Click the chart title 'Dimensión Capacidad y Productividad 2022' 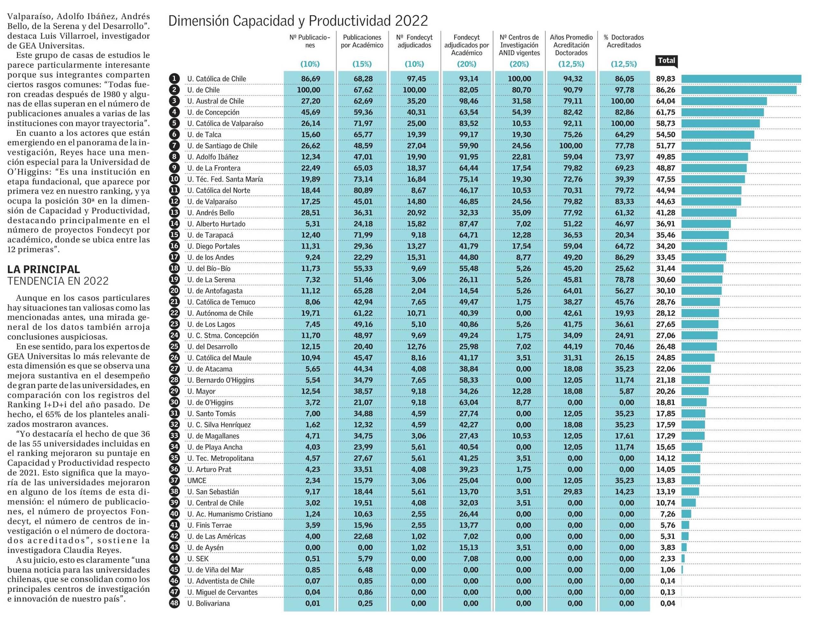coord(298,21)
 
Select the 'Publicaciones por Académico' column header coord(362,41)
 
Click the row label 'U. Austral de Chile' coord(216,101)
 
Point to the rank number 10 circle coord(174,179)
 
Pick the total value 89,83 coord(666,79)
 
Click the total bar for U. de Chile coord(739,90)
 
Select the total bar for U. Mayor coord(695,391)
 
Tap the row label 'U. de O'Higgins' coord(210,403)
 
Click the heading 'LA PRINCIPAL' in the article coord(43,269)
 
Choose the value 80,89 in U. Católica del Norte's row coord(363,191)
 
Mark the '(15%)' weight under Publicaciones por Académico coord(362,64)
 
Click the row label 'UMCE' coord(197,481)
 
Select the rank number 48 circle coord(174,603)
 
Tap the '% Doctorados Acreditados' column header coord(624,41)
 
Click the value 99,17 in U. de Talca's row coord(468,135)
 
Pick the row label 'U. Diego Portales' coord(214,246)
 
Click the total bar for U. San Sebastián coord(690,492)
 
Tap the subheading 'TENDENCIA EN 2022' coord(58,281)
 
